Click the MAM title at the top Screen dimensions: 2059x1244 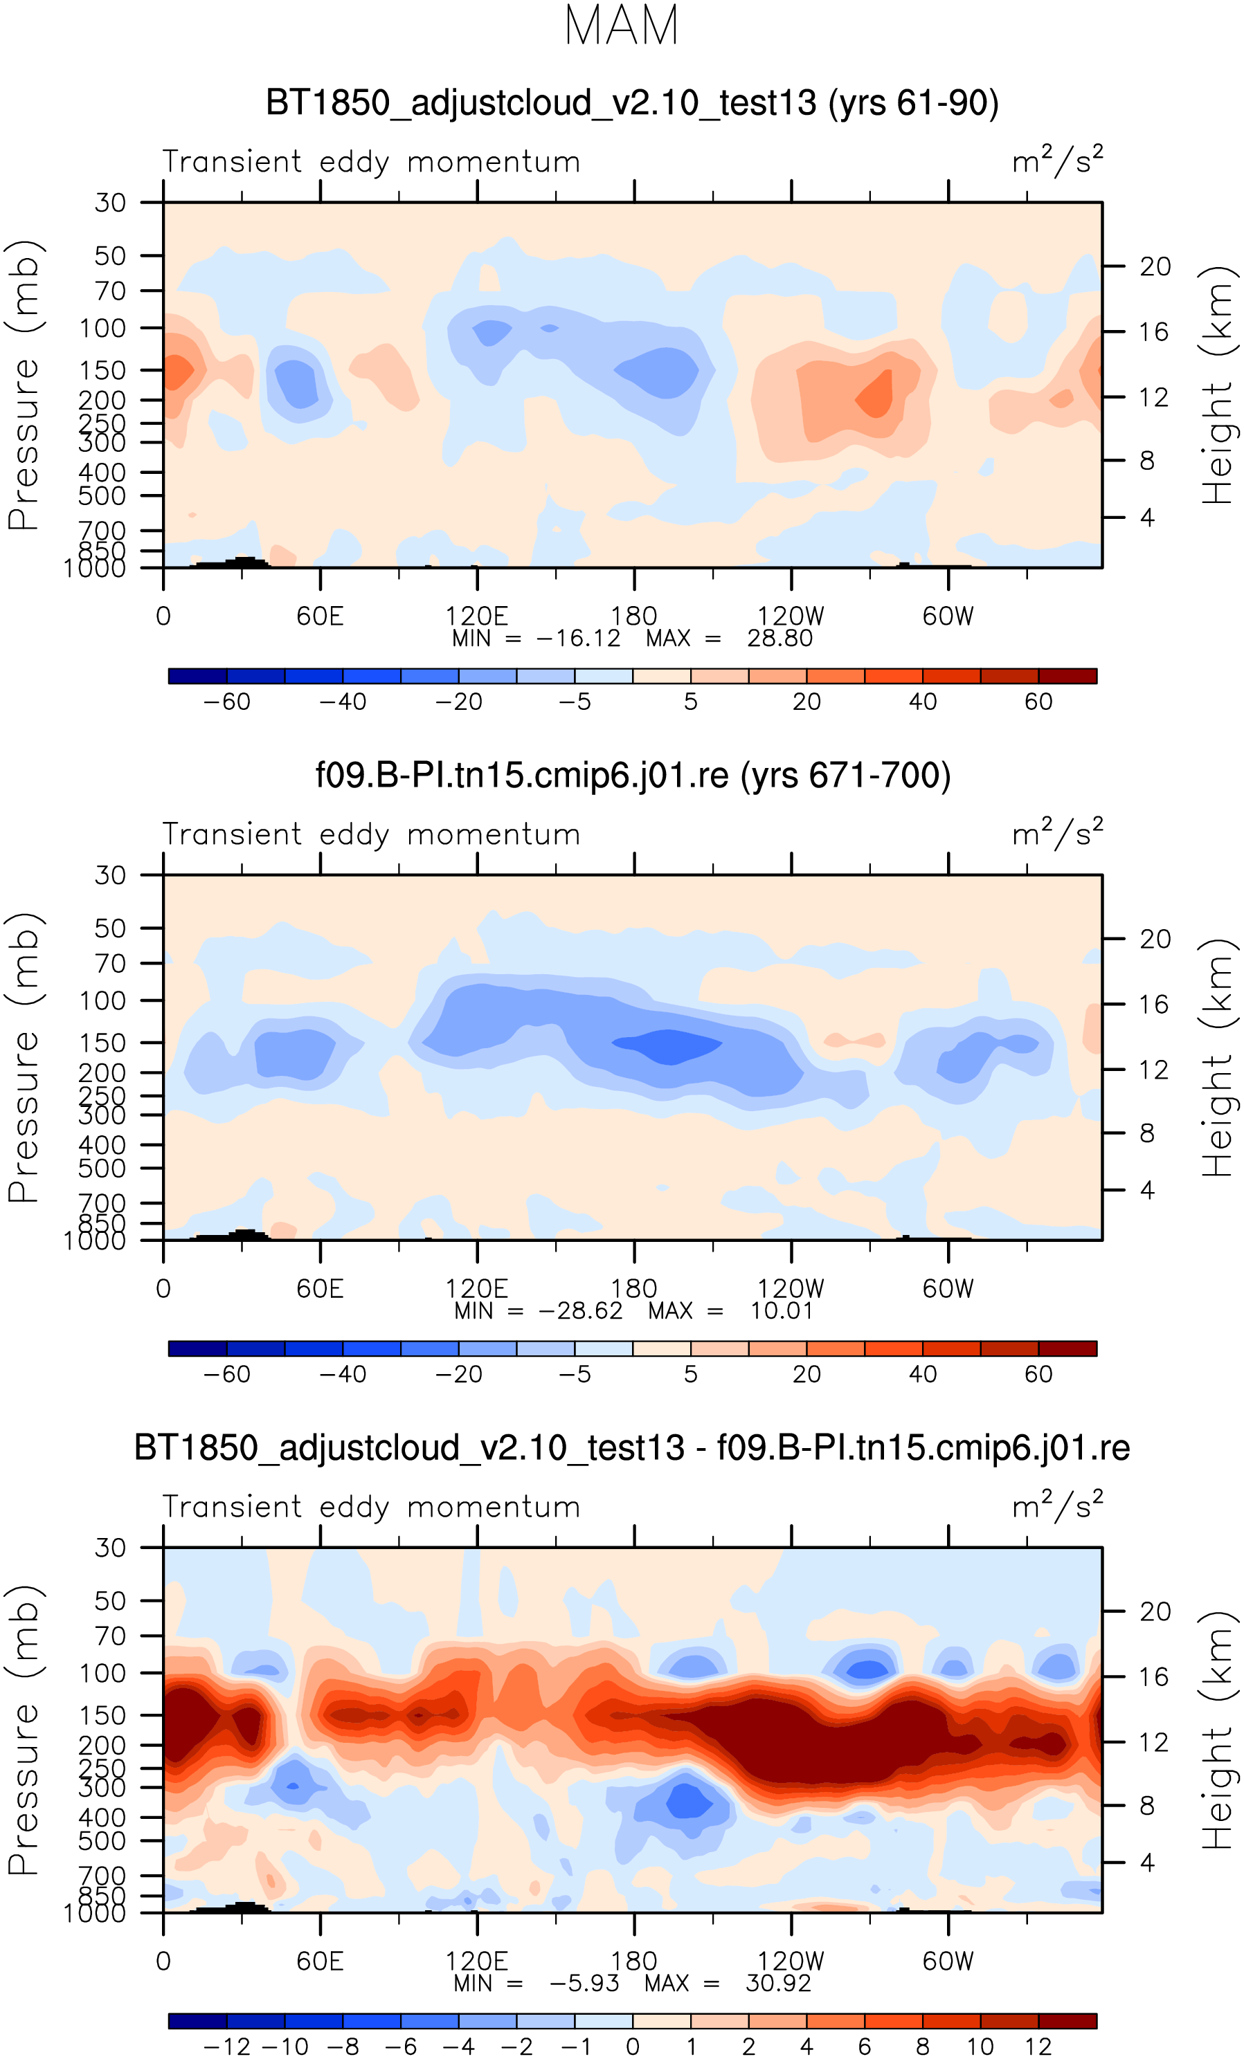click(x=621, y=26)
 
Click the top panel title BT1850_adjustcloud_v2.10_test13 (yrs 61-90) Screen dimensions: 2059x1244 click(x=632, y=103)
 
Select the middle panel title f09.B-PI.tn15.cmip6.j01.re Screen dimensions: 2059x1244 click(x=632, y=775)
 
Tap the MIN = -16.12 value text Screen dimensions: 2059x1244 click(x=536, y=639)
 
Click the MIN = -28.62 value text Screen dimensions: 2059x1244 click(x=539, y=1310)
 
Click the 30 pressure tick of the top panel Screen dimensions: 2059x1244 click(x=109, y=203)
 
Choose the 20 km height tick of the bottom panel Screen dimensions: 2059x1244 click(x=1155, y=1612)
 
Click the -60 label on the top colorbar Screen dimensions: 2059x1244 click(x=226, y=702)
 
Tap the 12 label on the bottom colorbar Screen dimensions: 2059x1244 click(x=1038, y=2047)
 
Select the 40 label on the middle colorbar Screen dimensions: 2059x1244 click(x=922, y=1374)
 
